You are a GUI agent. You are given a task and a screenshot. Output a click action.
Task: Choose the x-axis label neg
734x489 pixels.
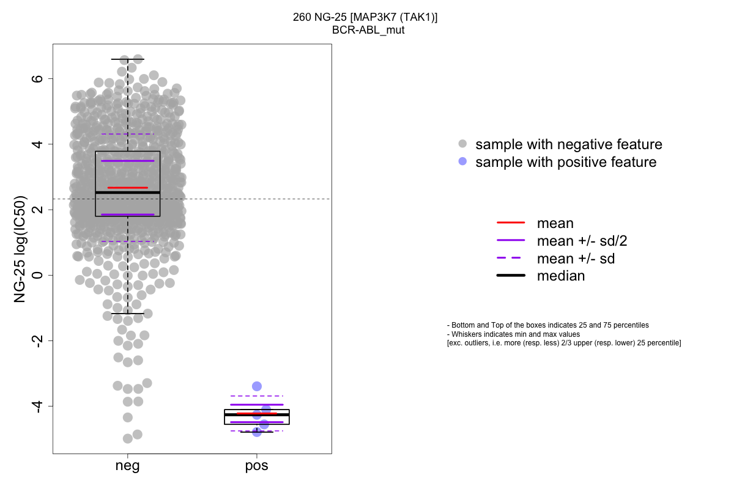click(x=127, y=466)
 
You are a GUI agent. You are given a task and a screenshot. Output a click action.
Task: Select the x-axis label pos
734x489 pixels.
click(x=257, y=466)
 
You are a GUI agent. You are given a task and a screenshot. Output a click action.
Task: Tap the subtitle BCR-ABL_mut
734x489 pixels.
click(x=365, y=29)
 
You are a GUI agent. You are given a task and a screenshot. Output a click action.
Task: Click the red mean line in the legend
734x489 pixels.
click(x=511, y=223)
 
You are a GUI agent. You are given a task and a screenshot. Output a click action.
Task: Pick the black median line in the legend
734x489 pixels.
click(x=511, y=276)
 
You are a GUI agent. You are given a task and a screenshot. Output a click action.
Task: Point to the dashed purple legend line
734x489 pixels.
click(x=511, y=259)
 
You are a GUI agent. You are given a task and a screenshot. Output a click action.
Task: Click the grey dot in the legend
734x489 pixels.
click(x=462, y=144)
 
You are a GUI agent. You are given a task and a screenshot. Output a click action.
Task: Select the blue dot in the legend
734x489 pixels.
click(x=462, y=162)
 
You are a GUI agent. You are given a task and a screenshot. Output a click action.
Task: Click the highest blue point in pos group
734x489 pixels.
click(x=257, y=386)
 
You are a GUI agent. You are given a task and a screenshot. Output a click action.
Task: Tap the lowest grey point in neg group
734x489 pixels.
click(x=128, y=438)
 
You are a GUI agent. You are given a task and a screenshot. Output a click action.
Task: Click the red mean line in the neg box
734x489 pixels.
click(x=127, y=188)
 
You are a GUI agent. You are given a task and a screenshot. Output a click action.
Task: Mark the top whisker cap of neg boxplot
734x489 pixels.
click(x=127, y=59)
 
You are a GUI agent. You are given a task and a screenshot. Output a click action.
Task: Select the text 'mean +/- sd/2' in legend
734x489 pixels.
click(x=582, y=241)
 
